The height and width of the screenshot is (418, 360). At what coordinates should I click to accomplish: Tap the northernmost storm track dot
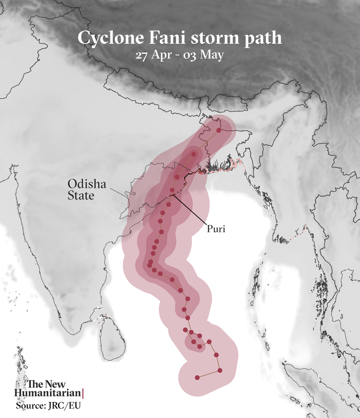[x=219, y=131]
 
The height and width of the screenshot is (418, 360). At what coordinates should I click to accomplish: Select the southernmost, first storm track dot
[x=197, y=377]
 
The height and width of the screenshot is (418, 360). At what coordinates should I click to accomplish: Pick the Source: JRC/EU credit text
[x=45, y=406]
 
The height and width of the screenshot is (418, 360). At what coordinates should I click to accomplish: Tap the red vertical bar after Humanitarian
[x=83, y=394]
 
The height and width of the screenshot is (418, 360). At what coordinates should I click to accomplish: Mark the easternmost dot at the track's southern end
[x=220, y=370]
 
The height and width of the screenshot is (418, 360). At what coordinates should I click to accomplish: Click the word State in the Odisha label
[x=81, y=196]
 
